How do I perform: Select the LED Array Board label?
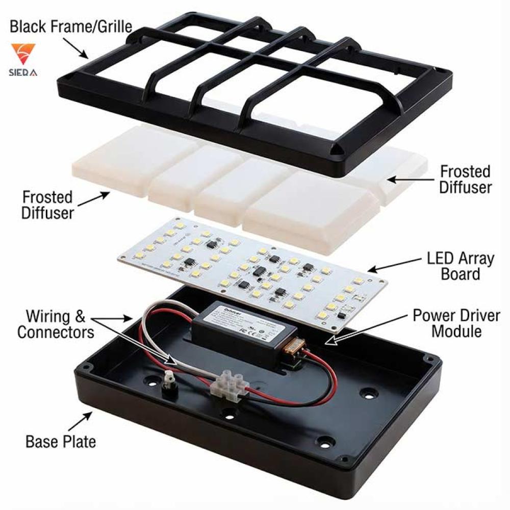click(461, 266)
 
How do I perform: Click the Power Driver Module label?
click(456, 323)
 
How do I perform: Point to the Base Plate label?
click(61, 441)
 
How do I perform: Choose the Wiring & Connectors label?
click(56, 324)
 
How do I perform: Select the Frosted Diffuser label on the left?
click(47, 205)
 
